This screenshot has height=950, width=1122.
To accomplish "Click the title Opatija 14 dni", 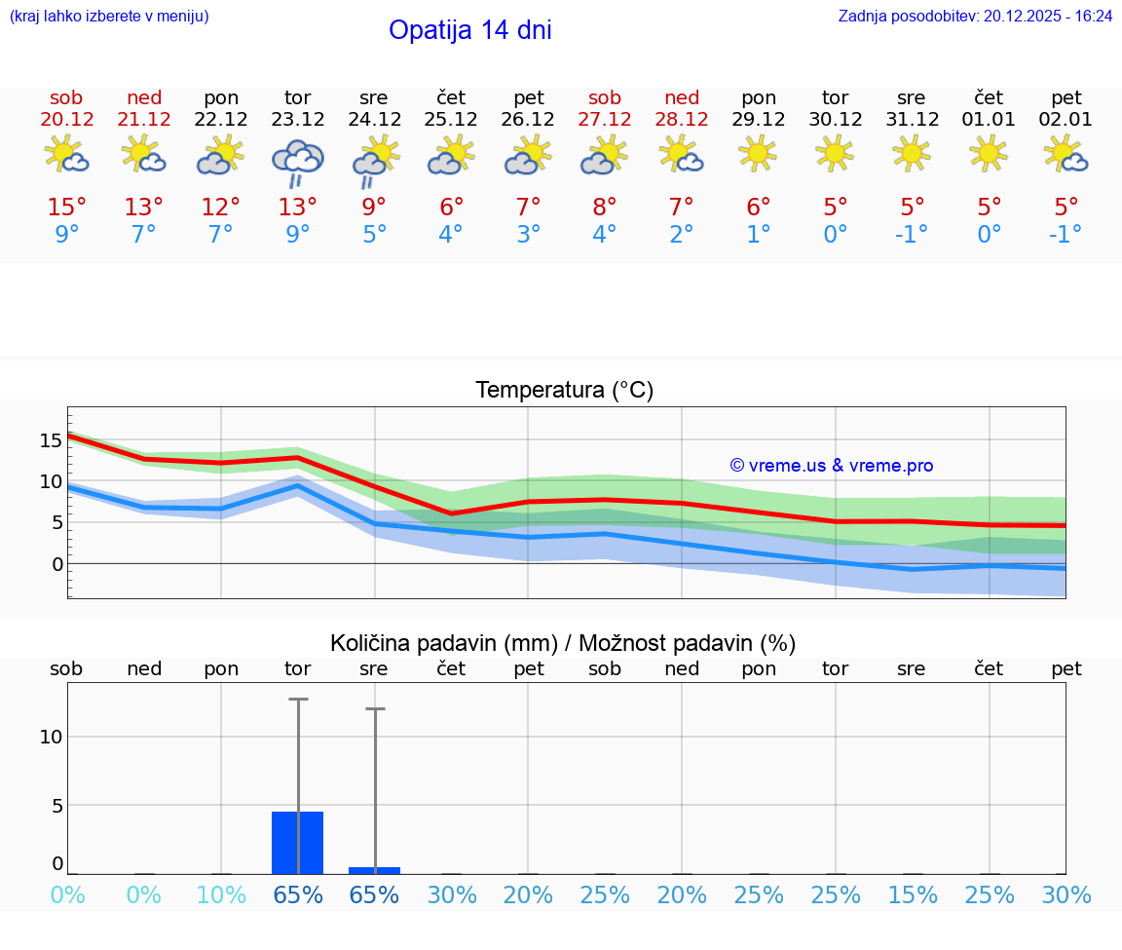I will [469, 30].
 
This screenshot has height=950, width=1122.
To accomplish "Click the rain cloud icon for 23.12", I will [297, 162].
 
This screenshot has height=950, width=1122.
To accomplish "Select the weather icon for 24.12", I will [374, 162].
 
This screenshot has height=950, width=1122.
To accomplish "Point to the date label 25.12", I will [451, 120].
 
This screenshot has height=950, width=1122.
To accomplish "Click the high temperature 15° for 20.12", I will [66, 208].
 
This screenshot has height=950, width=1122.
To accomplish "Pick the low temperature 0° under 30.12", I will [836, 234].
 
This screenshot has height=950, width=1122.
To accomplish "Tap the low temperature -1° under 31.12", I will [912, 234].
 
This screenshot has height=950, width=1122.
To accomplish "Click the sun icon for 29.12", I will [758, 153].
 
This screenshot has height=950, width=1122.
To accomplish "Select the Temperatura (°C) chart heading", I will [564, 391].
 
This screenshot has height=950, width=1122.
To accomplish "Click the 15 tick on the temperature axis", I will [51, 440].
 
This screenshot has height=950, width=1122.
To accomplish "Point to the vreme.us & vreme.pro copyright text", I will [831, 466].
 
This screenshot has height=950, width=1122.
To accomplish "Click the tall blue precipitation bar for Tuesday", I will [297, 843].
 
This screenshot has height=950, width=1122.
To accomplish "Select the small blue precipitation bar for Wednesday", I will [374, 870].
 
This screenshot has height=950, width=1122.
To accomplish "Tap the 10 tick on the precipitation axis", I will [51, 737].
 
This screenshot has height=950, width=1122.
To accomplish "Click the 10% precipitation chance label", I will [221, 895].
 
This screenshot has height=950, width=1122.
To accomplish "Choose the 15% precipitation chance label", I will [912, 895].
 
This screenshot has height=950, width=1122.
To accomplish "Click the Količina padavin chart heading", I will [563, 643].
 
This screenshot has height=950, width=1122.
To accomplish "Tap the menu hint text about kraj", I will [109, 17].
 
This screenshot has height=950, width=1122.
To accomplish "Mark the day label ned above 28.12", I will [682, 98].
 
